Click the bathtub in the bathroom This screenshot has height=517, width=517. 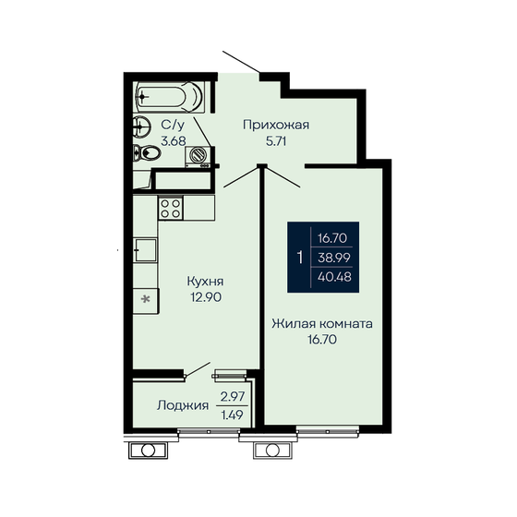click(170, 95)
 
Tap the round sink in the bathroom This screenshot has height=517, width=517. click(142, 126)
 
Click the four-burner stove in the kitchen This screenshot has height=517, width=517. click(169, 209)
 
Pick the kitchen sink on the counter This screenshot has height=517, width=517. click(143, 247)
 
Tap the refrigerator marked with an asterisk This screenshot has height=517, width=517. click(144, 299)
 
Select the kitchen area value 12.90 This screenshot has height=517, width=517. click(206, 297)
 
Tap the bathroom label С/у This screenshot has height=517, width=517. click(172, 124)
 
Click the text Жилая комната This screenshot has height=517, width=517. click(322, 324)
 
